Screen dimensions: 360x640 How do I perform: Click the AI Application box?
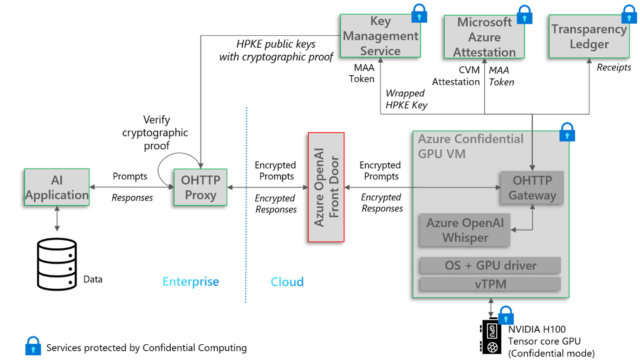pos(57,187)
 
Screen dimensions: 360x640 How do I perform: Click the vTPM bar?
pos(488,284)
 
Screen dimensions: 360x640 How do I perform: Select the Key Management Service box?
pos(380,37)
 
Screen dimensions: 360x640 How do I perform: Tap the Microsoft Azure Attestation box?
pos(484,37)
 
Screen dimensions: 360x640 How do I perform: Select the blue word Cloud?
pos(287,283)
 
